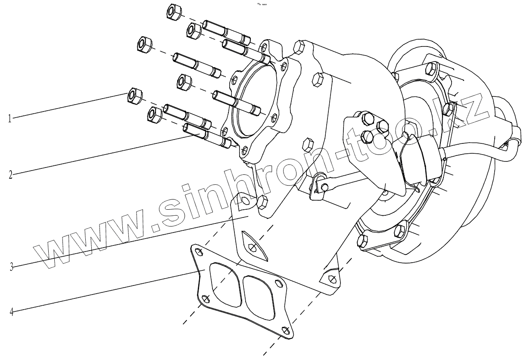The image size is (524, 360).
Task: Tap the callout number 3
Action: [12, 267]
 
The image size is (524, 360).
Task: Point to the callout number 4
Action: [11, 311]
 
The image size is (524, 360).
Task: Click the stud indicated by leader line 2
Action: [196, 130]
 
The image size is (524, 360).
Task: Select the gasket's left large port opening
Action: [224, 284]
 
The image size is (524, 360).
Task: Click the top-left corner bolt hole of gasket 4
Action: [198, 252]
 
